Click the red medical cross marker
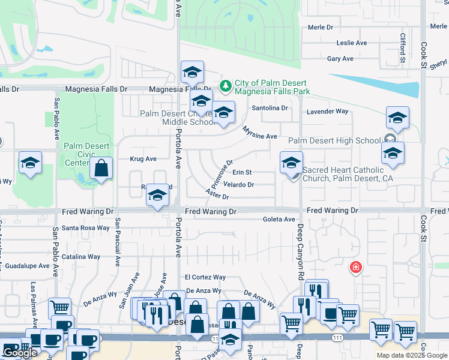356,267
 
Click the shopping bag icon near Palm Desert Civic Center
101,169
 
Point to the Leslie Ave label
352,43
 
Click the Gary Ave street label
340,59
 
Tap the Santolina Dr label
270,109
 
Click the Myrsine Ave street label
260,133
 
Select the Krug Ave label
143,159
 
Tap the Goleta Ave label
279,220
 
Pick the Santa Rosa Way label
86,228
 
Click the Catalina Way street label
81,257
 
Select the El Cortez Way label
205,277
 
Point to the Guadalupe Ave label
27,266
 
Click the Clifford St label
403,48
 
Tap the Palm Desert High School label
334,141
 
